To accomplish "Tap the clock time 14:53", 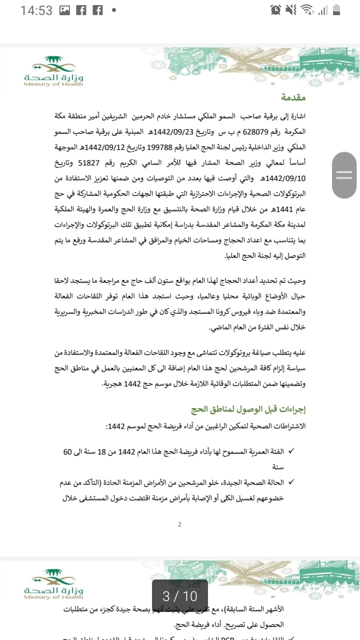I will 36,10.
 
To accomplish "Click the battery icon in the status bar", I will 336,10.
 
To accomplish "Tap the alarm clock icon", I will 275,10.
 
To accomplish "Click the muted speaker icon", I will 291,10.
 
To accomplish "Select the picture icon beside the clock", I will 64,10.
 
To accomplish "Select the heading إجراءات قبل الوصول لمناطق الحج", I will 248,410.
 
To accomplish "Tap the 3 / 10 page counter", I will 180,595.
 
